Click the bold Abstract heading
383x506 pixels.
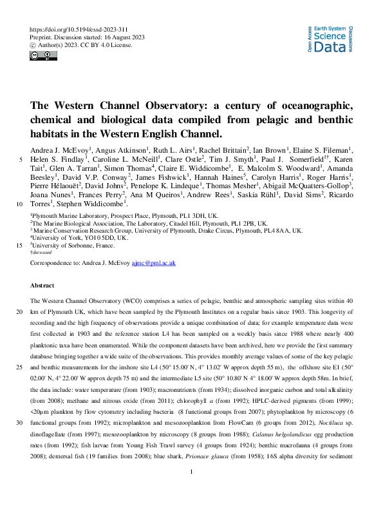pyautogui.click(x=43, y=284)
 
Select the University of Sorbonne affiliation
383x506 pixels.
pyautogui.click(x=73, y=246)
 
